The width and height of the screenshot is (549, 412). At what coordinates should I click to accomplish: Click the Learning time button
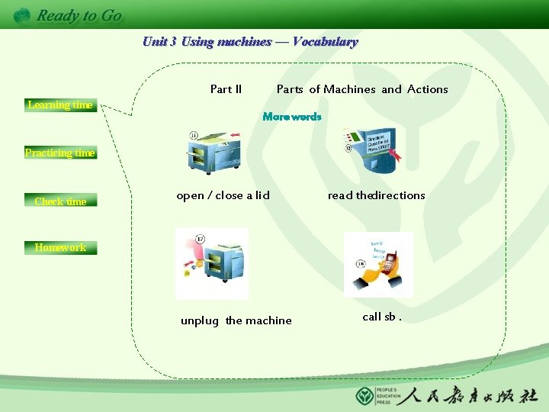click(59, 105)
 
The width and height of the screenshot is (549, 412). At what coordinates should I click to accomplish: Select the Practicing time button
click(59, 153)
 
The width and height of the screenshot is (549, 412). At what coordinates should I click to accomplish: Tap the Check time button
click(60, 201)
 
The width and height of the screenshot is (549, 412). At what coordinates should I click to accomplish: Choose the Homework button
click(60, 247)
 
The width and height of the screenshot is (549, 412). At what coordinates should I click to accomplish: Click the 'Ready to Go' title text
click(79, 15)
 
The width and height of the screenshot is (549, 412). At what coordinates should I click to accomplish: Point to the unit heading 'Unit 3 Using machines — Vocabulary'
click(250, 42)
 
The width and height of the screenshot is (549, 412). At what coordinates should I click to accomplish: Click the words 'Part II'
click(226, 89)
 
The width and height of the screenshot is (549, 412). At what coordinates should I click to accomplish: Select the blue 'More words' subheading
click(292, 117)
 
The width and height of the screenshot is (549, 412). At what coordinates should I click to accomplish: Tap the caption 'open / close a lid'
click(223, 195)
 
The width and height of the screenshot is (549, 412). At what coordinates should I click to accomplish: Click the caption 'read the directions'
click(376, 195)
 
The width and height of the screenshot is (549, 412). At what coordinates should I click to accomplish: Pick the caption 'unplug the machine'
click(236, 320)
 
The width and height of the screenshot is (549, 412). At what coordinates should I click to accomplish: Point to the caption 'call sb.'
click(382, 317)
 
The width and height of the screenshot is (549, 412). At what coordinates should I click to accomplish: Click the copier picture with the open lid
click(214, 152)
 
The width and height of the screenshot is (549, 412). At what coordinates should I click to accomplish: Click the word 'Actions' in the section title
click(427, 89)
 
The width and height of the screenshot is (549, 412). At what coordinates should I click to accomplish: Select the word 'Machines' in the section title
click(349, 89)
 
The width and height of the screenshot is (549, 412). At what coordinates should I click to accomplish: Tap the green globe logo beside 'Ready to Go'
click(22, 15)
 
